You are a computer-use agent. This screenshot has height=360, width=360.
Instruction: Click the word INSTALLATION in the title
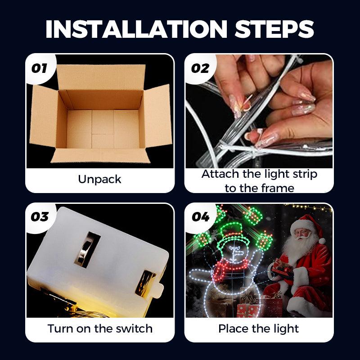click(136, 29)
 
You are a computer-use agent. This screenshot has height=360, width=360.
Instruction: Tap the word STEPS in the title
click(274, 29)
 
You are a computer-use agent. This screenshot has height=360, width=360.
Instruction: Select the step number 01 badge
click(39, 68)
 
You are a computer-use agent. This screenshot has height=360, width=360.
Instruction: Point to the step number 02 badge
click(200, 68)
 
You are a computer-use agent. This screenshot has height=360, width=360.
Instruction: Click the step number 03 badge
click(40, 217)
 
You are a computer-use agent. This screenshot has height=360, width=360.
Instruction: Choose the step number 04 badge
click(201, 217)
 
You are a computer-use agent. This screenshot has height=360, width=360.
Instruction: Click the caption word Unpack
click(99, 180)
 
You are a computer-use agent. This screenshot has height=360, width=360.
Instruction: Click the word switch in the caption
click(134, 328)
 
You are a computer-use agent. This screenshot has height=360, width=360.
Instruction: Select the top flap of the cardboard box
click(101, 77)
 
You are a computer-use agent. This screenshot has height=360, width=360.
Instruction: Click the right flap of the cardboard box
click(157, 116)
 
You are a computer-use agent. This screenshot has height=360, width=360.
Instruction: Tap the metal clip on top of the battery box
click(87, 250)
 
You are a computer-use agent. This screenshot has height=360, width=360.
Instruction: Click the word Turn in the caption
click(60, 328)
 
